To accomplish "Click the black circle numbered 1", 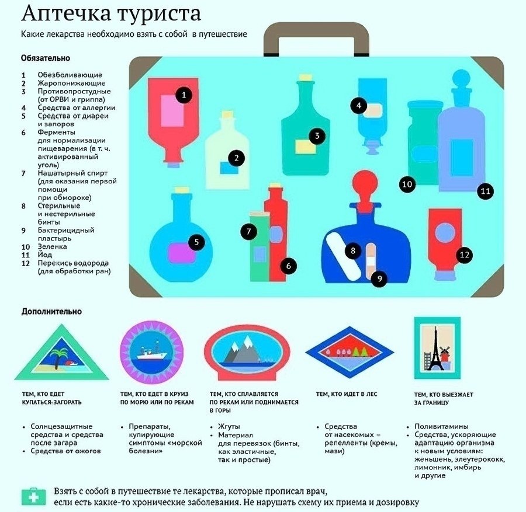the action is (x=184, y=95).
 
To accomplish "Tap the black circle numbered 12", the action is (x=464, y=255).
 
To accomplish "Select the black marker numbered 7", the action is (x=248, y=231).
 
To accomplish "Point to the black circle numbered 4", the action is (x=359, y=106).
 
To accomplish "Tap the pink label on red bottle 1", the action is (x=172, y=111).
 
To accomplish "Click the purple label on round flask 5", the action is (x=182, y=253).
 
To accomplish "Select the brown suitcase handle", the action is (x=316, y=39).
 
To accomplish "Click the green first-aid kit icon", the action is (x=33, y=497).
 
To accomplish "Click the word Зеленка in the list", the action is (x=53, y=246).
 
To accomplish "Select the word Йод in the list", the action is (x=45, y=255).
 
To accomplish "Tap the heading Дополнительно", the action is (x=51, y=311).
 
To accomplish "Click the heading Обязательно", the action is (x=46, y=58).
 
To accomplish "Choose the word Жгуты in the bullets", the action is (x=229, y=427).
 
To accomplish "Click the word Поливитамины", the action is (x=441, y=427).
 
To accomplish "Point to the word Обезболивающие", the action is (x=70, y=75).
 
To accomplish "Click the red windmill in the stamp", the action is (x=445, y=355).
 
